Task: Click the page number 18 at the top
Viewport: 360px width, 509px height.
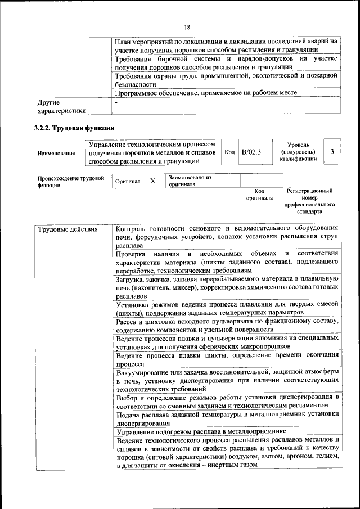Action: pos(187,26)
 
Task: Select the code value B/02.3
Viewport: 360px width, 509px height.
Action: pos(251,152)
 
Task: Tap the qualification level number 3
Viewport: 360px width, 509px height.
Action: pos(332,152)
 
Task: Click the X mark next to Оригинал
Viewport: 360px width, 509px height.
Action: pos(152,181)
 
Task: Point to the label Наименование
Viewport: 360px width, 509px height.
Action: pos(56,153)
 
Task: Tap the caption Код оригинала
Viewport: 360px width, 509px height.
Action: pos(259,195)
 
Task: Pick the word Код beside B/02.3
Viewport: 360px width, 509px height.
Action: pos(229,152)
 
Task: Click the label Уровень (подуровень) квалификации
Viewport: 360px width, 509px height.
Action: pos(298,152)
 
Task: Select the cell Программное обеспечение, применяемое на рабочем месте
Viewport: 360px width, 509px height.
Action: pos(205,92)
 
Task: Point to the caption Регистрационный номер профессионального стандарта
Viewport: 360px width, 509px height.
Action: pos(309,201)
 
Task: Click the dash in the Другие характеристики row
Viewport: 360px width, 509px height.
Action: pos(116,103)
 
